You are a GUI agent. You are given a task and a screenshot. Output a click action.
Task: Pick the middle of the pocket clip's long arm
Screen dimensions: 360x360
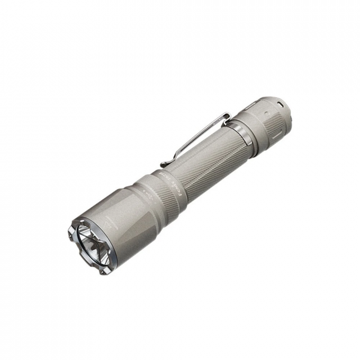(196, 138)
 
